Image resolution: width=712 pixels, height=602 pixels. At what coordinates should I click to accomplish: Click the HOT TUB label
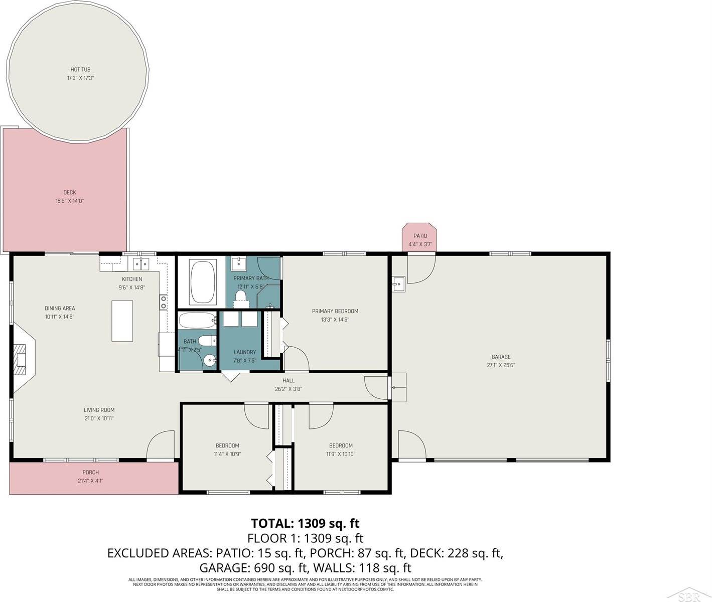pyautogui.click(x=80, y=70)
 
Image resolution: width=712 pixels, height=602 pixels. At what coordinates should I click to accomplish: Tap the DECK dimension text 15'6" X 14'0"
pyautogui.click(x=69, y=201)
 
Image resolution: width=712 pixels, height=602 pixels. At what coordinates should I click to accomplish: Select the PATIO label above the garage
pyautogui.click(x=420, y=236)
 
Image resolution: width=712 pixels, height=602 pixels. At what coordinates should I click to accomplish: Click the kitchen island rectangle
pyautogui.click(x=122, y=321)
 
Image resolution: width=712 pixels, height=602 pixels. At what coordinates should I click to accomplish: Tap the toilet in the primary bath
pyautogui.click(x=241, y=296)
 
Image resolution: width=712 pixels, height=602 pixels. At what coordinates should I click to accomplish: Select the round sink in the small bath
pyautogui.click(x=210, y=359)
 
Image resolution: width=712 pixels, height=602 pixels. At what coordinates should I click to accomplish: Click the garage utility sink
pyautogui.click(x=399, y=284)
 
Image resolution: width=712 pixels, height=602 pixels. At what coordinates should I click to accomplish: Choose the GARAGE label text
pyautogui.click(x=501, y=357)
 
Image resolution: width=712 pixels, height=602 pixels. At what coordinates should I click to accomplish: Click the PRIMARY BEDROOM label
pyautogui.click(x=335, y=311)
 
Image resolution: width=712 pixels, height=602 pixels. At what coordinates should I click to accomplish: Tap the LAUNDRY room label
pyautogui.click(x=245, y=352)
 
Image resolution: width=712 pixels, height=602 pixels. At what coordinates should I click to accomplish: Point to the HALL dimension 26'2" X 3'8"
pyautogui.click(x=289, y=389)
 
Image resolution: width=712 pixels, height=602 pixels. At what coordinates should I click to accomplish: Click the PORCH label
pyautogui.click(x=91, y=472)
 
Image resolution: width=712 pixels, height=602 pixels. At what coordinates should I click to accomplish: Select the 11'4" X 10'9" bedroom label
pyautogui.click(x=227, y=454)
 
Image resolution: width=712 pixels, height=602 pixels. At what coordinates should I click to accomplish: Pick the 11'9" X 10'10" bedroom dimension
pyautogui.click(x=341, y=454)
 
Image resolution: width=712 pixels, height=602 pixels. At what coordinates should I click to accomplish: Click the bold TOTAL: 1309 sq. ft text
pyautogui.click(x=305, y=523)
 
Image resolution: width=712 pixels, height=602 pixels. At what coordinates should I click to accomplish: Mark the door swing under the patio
pyautogui.click(x=419, y=269)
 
